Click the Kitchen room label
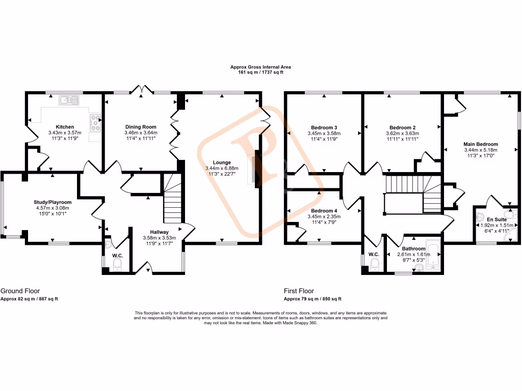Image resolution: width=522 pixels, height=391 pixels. coord(65,127)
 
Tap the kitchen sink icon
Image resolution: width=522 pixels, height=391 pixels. coord(68,100)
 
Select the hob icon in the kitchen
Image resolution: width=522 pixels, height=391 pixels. coord(95,121)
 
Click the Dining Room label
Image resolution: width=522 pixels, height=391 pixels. coord(141,127)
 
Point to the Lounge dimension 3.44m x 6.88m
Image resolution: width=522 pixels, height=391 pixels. coord(218,168)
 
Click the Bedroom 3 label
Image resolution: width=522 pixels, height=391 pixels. coord(324,127)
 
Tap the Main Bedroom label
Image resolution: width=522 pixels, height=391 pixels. coord(481,144)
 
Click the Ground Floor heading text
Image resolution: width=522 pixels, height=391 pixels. coord(20,291)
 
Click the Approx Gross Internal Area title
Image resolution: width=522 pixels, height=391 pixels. coord(260,67)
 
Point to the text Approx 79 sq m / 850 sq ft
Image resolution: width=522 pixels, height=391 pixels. coord(312,299)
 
